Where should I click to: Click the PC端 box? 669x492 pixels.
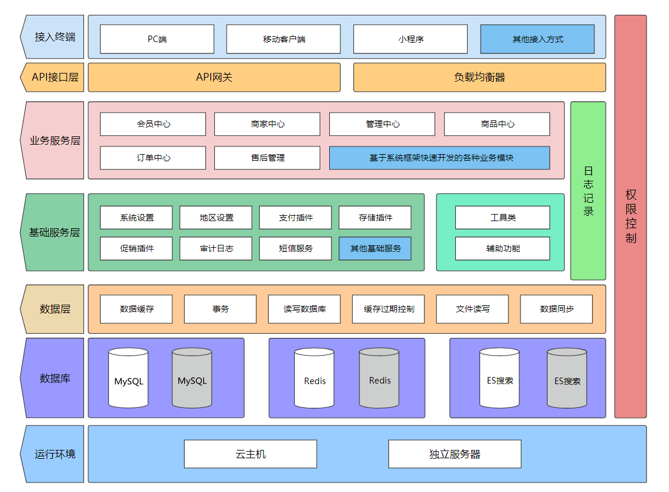tap(157, 39)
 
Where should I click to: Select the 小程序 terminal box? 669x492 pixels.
tap(410, 39)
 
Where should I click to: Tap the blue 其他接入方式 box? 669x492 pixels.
tap(537, 39)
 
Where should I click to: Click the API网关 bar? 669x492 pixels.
tap(214, 78)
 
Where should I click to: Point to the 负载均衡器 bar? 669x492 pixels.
tap(479, 78)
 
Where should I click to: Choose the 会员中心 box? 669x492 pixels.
tap(153, 124)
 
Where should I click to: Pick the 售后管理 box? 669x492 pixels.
tap(267, 158)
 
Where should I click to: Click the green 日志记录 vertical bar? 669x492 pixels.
tap(588, 191)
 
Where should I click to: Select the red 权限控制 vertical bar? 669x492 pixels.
tap(631, 216)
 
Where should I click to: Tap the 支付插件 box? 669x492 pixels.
tap(295, 218)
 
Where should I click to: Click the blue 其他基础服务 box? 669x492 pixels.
tap(375, 248)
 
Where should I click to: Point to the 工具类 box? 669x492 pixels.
tap(502, 218)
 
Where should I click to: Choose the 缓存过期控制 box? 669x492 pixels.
tap(388, 309)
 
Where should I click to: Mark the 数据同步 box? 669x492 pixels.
tap(556, 309)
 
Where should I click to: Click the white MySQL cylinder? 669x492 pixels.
tap(128, 379)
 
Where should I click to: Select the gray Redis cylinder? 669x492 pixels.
tap(379, 379)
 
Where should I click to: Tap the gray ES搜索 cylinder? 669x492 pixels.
tap(567, 379)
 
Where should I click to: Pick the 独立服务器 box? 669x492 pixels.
tap(454, 454)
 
